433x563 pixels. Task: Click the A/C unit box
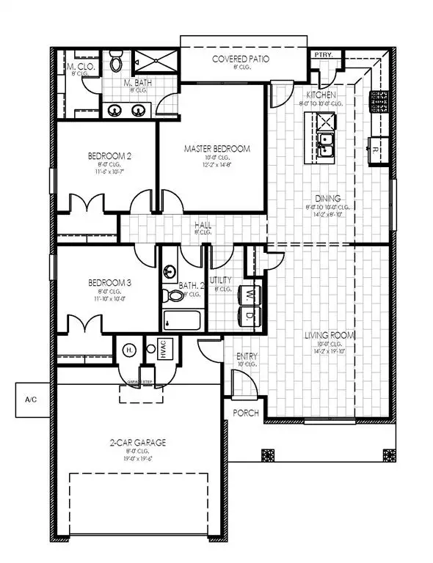(x=30, y=400)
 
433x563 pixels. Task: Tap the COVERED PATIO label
(x=237, y=59)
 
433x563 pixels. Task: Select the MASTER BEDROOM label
(x=216, y=148)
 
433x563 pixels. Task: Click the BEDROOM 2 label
(x=109, y=155)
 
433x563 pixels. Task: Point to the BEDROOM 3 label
(x=109, y=282)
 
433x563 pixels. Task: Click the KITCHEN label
(x=321, y=96)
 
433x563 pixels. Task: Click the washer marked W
(x=251, y=295)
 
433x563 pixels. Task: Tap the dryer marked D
(x=251, y=315)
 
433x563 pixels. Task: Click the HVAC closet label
(x=162, y=349)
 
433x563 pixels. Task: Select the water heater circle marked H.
(x=128, y=349)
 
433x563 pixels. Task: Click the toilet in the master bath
(x=116, y=63)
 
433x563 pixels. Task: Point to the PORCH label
(x=245, y=413)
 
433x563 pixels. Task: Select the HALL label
(x=203, y=225)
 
